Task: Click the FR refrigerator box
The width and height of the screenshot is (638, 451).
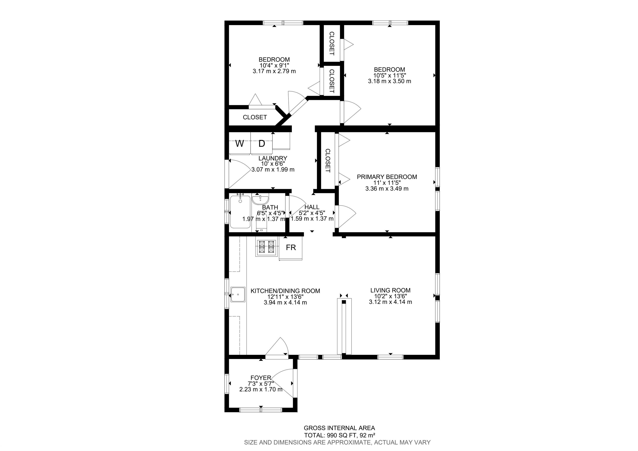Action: [291, 248]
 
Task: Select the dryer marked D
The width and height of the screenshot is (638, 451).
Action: [261, 143]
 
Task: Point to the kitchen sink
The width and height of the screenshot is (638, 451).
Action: [238, 295]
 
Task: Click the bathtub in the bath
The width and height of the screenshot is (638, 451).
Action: [240, 212]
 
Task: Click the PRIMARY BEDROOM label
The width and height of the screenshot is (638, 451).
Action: [387, 177]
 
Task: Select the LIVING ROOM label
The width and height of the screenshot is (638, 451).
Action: [390, 290]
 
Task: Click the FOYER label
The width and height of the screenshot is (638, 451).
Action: [261, 378]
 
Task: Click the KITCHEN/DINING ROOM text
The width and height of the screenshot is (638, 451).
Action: [285, 291]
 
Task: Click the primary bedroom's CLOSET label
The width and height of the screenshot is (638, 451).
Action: [328, 161]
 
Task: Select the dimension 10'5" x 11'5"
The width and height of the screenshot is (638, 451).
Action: [390, 75]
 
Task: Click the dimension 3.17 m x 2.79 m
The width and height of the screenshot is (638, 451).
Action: [274, 71]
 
